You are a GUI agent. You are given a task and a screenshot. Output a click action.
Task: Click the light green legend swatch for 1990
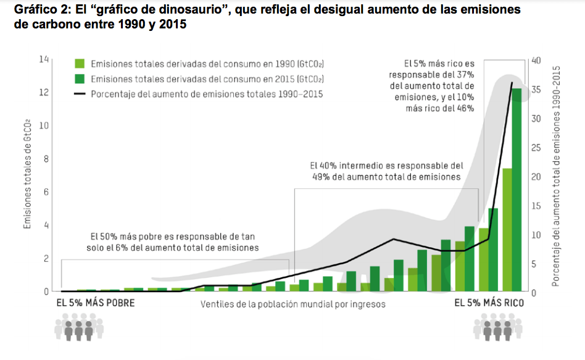[x=80, y=64]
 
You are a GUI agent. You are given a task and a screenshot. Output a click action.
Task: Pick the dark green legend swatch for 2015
[x=80, y=79]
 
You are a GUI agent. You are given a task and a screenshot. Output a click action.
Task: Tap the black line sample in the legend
[x=80, y=94]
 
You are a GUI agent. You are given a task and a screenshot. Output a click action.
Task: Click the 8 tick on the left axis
[x=45, y=159]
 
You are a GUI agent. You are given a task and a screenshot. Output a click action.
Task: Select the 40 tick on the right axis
[x=535, y=61]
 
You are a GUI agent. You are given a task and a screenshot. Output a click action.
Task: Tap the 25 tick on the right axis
[x=535, y=148]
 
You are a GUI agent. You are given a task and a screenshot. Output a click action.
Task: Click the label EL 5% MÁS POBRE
[x=95, y=303]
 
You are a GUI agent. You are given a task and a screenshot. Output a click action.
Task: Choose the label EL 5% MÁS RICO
[x=489, y=303]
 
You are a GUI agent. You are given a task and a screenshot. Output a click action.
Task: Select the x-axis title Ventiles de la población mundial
[x=292, y=304]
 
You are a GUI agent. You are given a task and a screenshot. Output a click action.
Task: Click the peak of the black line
[x=512, y=82]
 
